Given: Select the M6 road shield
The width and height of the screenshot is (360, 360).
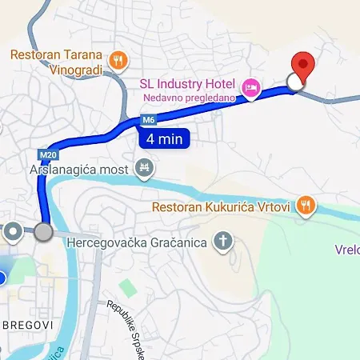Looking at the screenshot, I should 147,121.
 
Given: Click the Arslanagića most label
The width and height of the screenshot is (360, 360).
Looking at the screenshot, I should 80,170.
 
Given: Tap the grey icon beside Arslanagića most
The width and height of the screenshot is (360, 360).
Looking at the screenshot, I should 145,168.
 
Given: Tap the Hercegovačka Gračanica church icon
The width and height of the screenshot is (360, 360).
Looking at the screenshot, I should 225,241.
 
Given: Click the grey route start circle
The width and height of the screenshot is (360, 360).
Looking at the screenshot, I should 44,232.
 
